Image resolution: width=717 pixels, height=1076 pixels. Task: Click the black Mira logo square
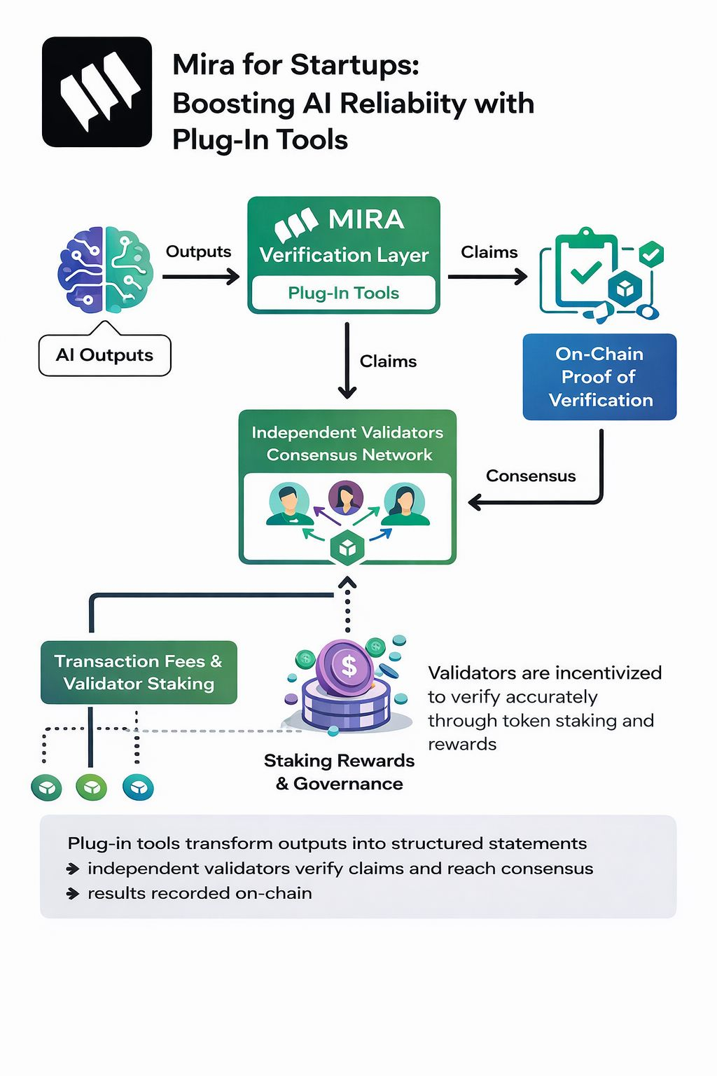click(x=97, y=92)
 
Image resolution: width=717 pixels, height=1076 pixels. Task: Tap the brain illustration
click(x=105, y=270)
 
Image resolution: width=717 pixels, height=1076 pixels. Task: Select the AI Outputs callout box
click(x=104, y=355)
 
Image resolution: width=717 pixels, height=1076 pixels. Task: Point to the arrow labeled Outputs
click(x=201, y=277)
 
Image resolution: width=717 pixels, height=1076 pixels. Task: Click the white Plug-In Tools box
click(x=343, y=293)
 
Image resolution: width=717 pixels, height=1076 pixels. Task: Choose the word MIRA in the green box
click(x=366, y=220)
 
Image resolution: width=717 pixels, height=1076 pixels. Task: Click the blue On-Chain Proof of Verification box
click(x=599, y=377)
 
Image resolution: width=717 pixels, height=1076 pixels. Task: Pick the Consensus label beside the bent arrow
click(x=531, y=476)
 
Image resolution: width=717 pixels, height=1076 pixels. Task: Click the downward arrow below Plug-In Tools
click(x=347, y=361)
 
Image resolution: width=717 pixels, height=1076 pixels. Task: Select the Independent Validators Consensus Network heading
click(x=347, y=443)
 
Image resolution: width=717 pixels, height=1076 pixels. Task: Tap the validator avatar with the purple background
click(x=345, y=497)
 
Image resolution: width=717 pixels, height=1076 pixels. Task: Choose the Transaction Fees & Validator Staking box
click(x=139, y=672)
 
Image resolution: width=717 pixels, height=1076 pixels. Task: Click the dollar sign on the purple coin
click(x=348, y=665)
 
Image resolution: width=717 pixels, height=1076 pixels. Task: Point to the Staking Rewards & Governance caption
click(x=340, y=772)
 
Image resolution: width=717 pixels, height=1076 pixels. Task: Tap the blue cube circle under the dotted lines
click(x=138, y=787)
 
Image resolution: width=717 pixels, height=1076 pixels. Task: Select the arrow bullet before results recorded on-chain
click(x=73, y=894)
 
